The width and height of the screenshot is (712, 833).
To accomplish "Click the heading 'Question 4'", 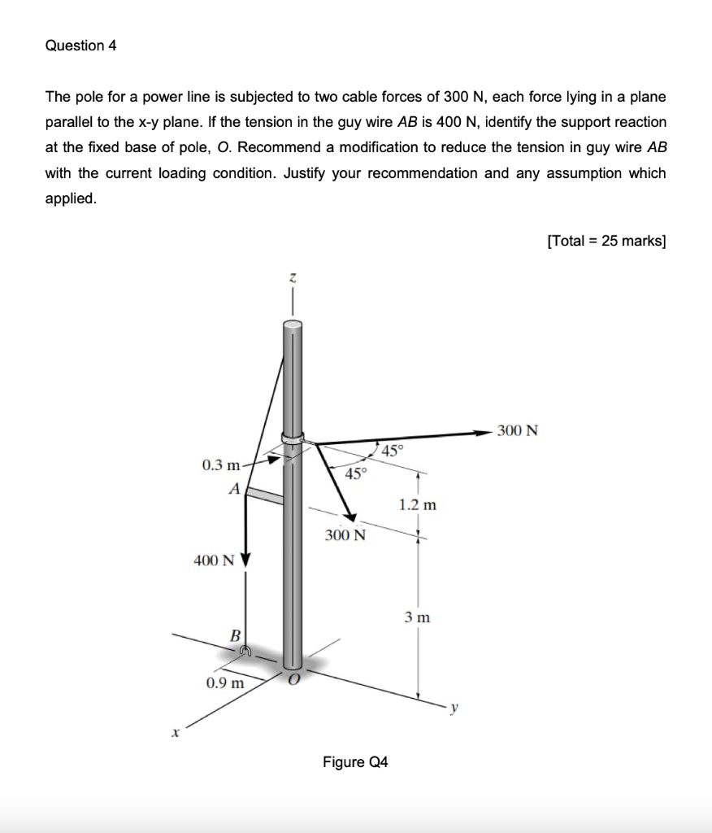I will [81, 46].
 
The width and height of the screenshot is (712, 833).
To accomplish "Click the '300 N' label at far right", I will [518, 430].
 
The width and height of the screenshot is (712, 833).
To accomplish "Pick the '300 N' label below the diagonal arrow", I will [345, 535].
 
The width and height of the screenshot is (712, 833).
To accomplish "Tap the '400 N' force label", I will [213, 560].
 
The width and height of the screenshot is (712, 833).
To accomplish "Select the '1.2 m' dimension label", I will [418, 504].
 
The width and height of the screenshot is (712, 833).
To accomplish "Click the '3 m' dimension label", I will [418, 618].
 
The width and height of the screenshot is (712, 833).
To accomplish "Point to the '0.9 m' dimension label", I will [225, 682].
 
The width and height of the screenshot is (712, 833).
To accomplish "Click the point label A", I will [234, 490].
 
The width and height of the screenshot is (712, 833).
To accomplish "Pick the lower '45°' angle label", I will [356, 474].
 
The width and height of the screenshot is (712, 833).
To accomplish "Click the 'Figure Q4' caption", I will [355, 762].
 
